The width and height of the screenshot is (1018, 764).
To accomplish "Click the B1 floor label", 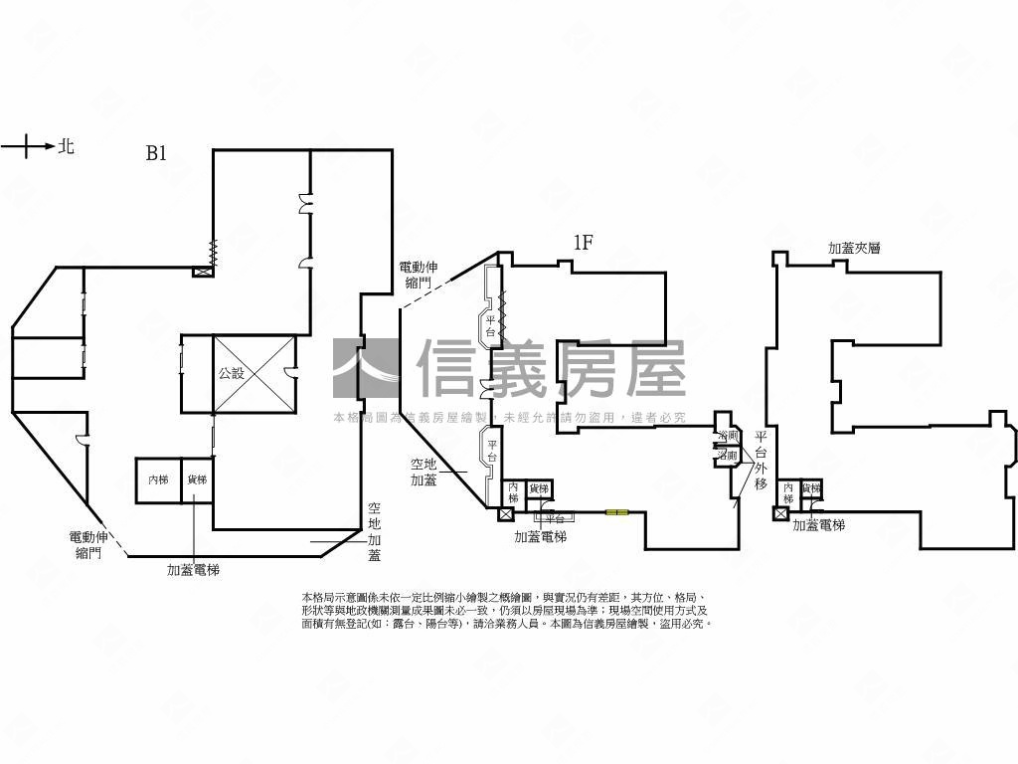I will pos(156,153).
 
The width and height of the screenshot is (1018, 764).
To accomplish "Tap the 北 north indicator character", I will pos(66,146).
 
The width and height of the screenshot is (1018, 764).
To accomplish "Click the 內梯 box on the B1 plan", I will pos(158,479).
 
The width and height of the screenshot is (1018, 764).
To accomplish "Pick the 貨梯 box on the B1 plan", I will pos(196,479).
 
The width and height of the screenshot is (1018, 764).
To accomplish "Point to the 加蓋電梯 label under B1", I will pos(193,570).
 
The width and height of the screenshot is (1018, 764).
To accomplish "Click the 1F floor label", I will pos(583,242).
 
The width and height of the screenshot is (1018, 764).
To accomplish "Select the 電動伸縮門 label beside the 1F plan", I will pos(418,275).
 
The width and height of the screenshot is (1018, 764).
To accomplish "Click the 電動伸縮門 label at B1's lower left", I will pos(88,545).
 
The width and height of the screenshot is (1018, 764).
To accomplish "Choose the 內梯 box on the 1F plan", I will pos(513,492).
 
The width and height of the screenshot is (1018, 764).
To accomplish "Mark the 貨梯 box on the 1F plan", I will pos(538,488).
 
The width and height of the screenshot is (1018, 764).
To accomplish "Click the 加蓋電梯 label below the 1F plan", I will pos(540,536).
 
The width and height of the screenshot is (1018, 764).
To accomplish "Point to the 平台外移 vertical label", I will pos(761,460).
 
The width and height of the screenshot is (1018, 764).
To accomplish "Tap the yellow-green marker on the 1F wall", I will pos(616,512).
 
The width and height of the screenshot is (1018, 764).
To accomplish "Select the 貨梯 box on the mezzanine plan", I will pos(811,488).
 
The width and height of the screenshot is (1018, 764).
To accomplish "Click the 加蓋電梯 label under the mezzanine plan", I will pos(818,525).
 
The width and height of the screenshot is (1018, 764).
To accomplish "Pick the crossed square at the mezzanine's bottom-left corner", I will pos(780,514).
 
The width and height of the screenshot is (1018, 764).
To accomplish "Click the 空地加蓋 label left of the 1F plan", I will pos(424,472).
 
